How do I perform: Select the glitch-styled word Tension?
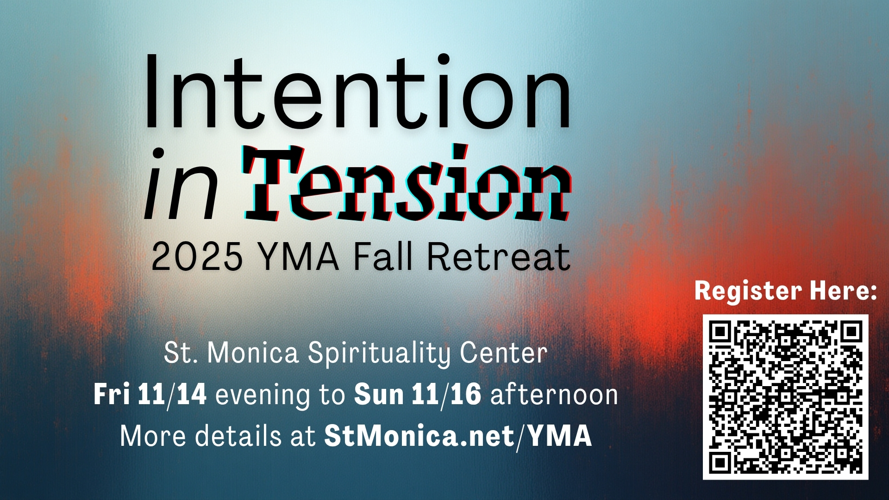pyautogui.click(x=407, y=183)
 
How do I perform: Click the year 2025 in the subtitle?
pyautogui.click(x=197, y=256)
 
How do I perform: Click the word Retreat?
pyautogui.click(x=499, y=256)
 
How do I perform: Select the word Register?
pyautogui.click(x=748, y=291)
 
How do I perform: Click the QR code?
pyautogui.click(x=786, y=397)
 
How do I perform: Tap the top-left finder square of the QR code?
pyautogui.click(x=720, y=332)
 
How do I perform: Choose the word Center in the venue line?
pyautogui.click(x=504, y=353)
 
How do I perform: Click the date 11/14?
pyautogui.click(x=172, y=394)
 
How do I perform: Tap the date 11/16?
pyautogui.click(x=446, y=394)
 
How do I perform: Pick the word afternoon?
pyautogui.click(x=554, y=394)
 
